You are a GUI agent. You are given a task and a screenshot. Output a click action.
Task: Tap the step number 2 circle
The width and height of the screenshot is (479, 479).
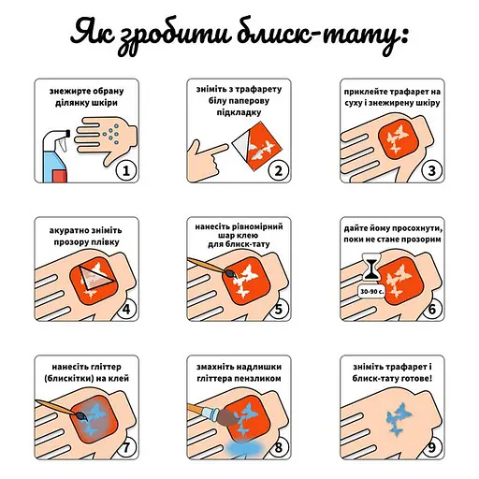point(277,170)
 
